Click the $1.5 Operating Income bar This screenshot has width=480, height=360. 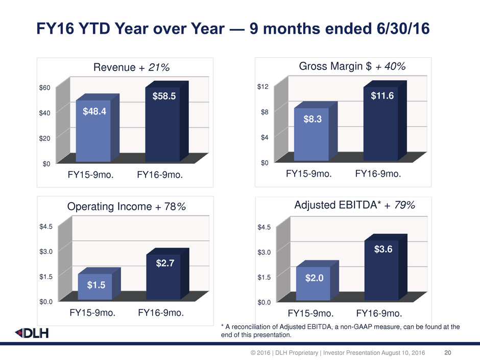94,286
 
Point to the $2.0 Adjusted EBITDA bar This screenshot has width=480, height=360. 313,283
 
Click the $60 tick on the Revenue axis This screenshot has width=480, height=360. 44,87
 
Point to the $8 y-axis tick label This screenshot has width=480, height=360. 265,112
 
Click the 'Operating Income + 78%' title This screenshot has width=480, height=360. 126,207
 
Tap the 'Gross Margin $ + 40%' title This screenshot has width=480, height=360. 351,66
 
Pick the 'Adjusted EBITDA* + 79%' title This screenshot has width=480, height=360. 354,205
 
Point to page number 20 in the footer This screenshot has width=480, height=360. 449,352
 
